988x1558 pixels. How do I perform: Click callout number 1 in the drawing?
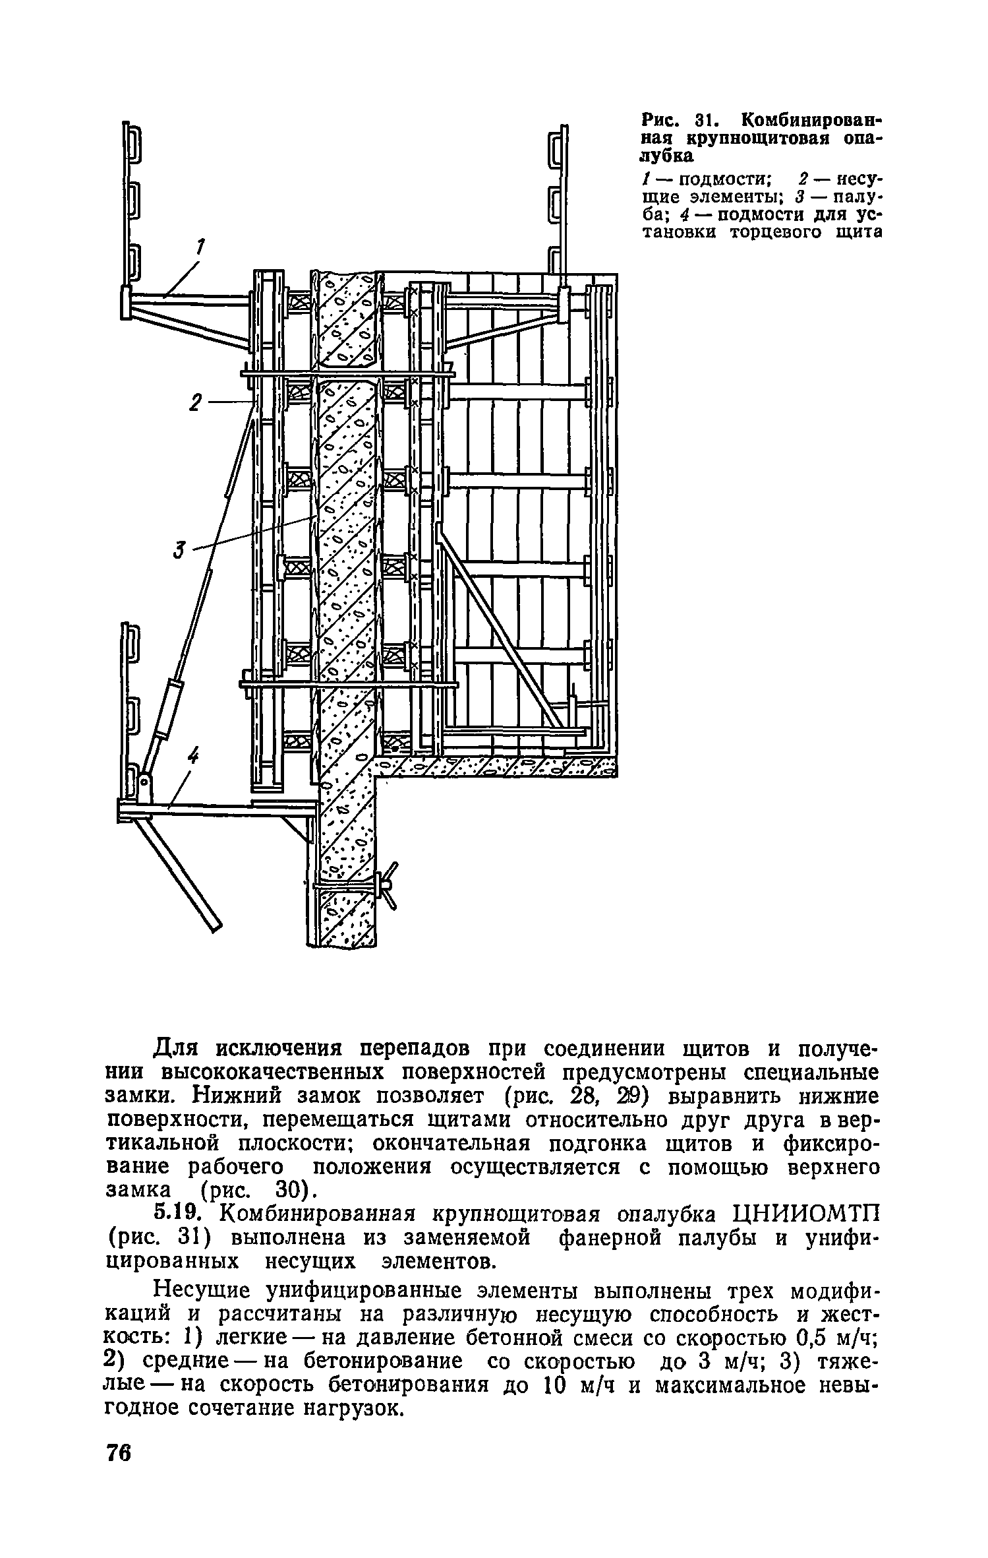click(198, 248)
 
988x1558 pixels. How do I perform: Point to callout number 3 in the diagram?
click(179, 549)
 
